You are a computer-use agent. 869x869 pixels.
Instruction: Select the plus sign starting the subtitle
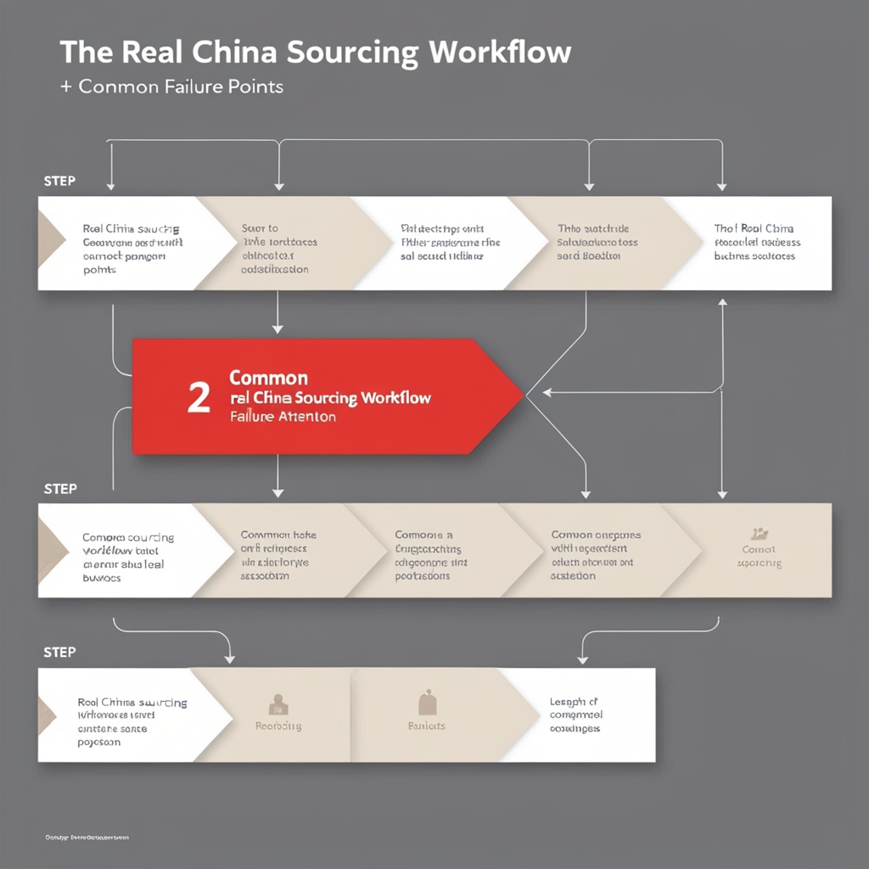[x=65, y=87]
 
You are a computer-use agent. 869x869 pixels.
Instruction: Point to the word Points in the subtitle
[x=255, y=87]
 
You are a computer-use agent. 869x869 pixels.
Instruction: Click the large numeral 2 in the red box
[x=199, y=398]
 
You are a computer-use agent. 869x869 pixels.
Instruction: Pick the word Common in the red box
[x=268, y=378]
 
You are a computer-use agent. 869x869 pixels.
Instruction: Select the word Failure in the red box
[x=252, y=417]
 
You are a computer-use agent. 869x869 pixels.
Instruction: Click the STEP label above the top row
[x=59, y=181]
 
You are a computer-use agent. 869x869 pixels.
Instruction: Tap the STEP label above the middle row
[x=59, y=489]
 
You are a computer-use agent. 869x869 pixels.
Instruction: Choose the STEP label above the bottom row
[x=59, y=652]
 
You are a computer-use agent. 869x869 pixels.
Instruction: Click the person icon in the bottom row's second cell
[x=278, y=704]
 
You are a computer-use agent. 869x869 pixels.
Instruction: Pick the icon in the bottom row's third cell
[x=427, y=703]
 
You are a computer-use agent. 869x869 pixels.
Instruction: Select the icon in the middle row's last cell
[x=760, y=534]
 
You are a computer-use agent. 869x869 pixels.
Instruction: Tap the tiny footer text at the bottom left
[x=87, y=838]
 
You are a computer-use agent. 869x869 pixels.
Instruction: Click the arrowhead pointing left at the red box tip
[x=547, y=392]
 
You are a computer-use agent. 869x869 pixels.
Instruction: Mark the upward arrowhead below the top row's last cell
[x=722, y=303]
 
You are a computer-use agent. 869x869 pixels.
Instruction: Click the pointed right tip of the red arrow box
[x=521, y=395]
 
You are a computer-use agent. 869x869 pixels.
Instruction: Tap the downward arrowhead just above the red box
[x=278, y=328]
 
